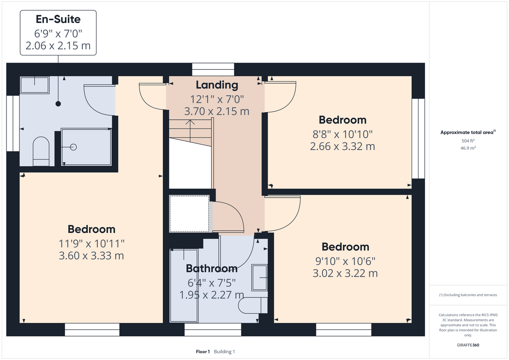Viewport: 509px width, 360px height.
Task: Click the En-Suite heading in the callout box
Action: click(58, 19)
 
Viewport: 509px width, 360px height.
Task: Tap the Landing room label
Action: click(217, 85)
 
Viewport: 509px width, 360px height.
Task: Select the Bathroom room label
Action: click(212, 269)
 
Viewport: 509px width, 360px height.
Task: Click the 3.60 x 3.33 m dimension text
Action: click(91, 256)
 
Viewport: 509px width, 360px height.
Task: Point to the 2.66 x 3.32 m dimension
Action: click(343, 147)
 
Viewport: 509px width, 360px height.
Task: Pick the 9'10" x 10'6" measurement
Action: click(345, 261)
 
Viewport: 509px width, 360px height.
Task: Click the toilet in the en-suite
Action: click(41, 151)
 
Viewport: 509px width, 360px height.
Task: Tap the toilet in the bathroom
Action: click(253, 305)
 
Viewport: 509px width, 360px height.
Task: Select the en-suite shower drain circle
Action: click(73, 147)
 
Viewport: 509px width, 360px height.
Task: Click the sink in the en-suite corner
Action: click(35, 85)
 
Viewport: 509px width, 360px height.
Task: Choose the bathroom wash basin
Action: click(259, 278)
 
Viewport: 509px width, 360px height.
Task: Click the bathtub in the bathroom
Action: click(184, 286)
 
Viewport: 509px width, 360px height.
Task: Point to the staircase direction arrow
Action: click(190, 131)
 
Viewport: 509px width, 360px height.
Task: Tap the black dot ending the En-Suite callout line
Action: click(58, 104)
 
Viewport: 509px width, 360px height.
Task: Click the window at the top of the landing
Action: click(213, 69)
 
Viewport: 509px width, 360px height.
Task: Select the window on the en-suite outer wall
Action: click(13, 123)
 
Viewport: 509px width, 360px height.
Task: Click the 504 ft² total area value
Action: click(468, 141)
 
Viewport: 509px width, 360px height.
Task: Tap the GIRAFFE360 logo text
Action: click(468, 345)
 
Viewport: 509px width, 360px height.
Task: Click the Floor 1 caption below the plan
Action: click(203, 352)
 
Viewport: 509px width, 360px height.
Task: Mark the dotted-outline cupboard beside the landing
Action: click(189, 214)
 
